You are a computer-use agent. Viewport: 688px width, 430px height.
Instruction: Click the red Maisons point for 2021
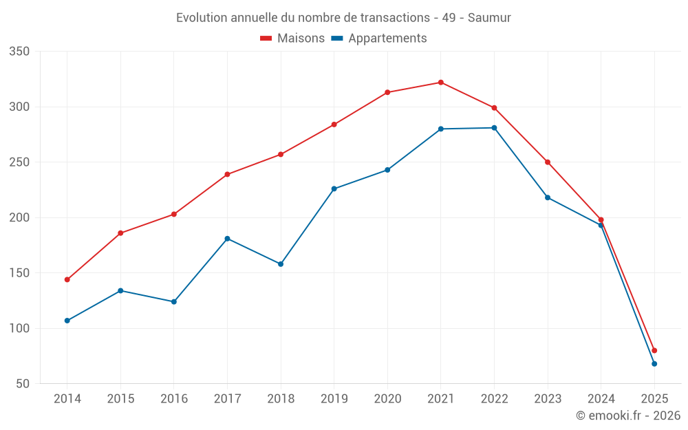click(441, 83)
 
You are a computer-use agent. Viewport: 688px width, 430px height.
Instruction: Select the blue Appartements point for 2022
click(494, 128)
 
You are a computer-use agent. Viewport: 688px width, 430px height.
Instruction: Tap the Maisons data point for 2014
click(67, 280)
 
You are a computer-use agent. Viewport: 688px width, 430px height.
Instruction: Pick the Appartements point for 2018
click(281, 264)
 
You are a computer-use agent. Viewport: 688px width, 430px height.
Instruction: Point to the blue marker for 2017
click(227, 239)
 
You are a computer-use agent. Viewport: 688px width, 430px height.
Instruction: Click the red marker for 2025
click(654, 351)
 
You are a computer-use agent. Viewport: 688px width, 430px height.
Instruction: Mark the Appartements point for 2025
click(654, 364)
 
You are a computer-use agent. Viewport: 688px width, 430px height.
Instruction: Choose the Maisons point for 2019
click(334, 125)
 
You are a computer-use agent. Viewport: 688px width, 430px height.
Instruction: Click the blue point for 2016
click(174, 302)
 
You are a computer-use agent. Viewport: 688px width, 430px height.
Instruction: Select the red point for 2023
click(548, 162)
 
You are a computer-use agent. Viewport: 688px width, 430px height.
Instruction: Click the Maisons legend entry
click(292, 39)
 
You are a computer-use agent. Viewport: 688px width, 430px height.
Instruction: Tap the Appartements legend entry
click(379, 39)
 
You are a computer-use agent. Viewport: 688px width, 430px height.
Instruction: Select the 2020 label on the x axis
click(387, 399)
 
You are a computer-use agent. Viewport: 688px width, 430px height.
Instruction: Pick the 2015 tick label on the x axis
click(120, 399)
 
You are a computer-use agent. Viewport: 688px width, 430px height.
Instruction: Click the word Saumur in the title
click(489, 18)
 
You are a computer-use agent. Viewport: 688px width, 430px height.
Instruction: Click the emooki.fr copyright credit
click(627, 416)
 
